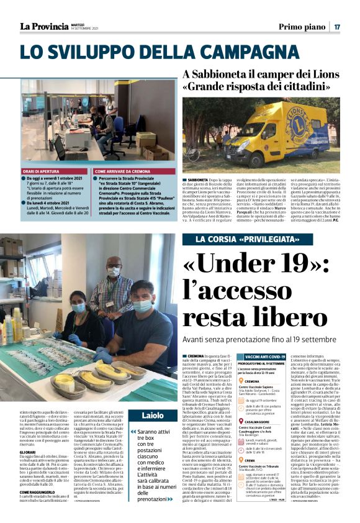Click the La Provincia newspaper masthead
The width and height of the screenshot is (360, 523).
43,25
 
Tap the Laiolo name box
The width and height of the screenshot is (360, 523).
152,414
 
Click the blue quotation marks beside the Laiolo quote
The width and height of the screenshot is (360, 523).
133,431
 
